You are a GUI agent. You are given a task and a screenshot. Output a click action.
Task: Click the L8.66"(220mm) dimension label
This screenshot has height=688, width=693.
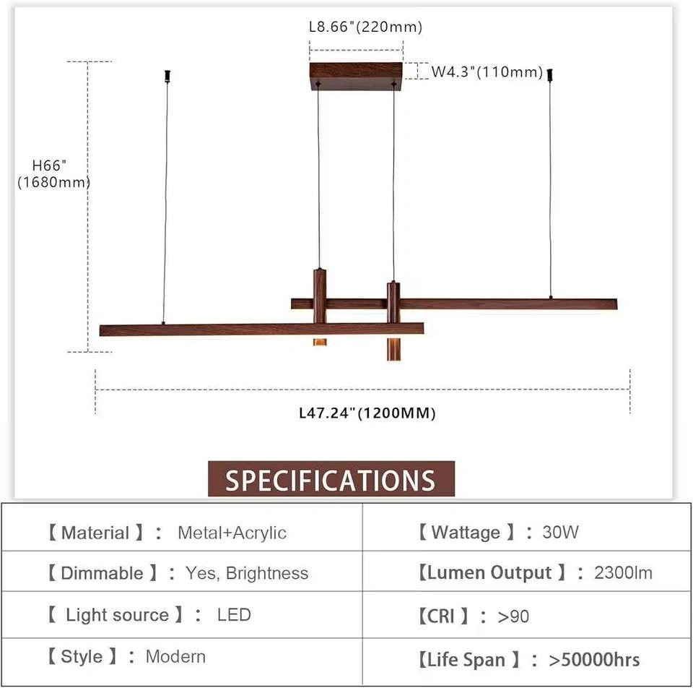[x=365, y=27]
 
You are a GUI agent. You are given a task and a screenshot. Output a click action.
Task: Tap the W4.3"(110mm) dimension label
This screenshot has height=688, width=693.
[x=487, y=72]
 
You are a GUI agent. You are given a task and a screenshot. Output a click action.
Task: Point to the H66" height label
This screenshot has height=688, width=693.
[x=49, y=165]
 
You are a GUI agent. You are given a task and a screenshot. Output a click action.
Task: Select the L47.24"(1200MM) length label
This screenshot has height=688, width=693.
[x=367, y=413]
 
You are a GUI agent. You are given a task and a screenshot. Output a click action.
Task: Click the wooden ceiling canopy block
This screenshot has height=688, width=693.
[x=356, y=76]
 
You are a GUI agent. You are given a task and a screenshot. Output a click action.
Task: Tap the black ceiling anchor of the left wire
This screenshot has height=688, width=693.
[x=167, y=76]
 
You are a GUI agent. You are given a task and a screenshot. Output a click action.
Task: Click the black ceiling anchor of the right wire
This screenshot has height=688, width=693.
[x=550, y=75]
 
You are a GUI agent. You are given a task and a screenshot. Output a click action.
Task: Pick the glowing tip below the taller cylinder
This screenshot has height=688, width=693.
[x=320, y=342]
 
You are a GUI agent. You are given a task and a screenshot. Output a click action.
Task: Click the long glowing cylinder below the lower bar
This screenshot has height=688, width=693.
[x=394, y=349]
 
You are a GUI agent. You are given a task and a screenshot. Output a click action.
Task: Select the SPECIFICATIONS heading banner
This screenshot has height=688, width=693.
[x=331, y=478]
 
